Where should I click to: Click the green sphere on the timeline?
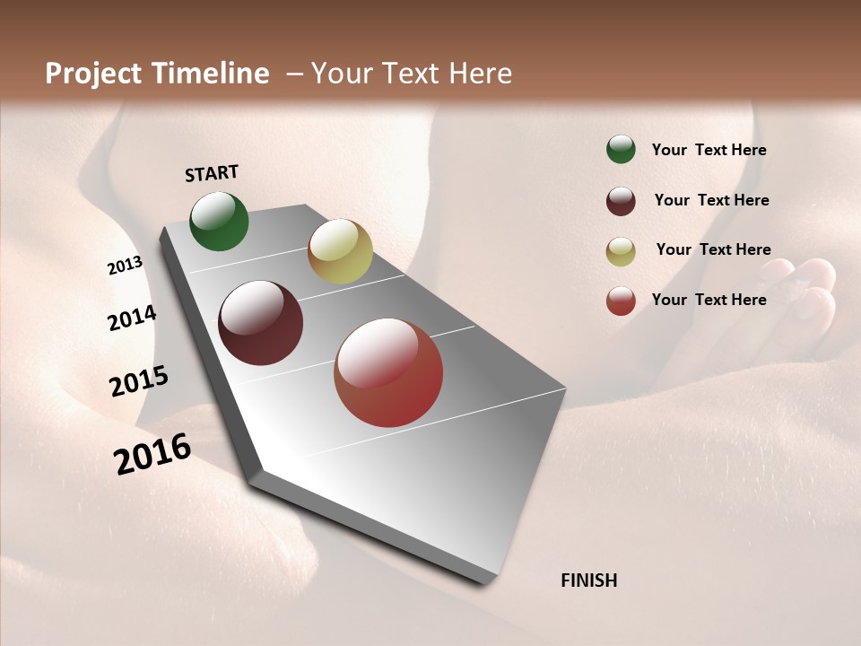click(219, 222)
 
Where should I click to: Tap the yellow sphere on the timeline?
click(340, 251)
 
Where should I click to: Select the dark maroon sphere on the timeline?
click(261, 323)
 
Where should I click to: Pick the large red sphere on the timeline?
click(388, 372)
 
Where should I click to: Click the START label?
click(212, 173)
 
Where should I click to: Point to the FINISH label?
click(589, 581)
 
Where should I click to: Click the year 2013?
click(125, 266)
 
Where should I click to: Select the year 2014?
click(132, 319)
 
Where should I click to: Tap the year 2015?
click(139, 381)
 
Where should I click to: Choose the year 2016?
click(152, 454)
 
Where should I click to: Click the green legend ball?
click(621, 150)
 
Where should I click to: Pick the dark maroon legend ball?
click(621, 201)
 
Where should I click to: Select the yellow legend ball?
click(621, 251)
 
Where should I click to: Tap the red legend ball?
click(621, 301)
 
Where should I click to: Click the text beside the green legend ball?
click(709, 150)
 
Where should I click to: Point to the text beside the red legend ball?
click(709, 300)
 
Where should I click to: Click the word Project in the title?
click(95, 74)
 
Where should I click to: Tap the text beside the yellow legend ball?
click(714, 249)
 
